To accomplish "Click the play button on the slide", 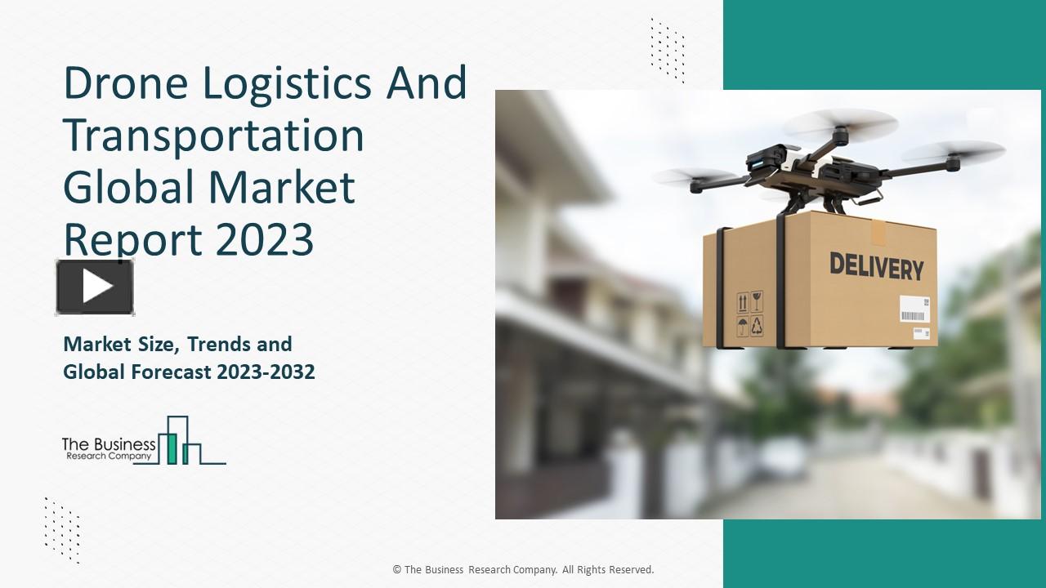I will pos(95,287).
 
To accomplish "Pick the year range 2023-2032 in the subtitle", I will pos(266,372).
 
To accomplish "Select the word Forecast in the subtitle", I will pos(172,372).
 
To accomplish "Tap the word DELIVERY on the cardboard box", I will pos(877,266).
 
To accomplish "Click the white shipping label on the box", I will pos(914,310).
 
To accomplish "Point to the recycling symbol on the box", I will pos(757,327).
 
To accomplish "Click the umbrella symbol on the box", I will pos(741,327).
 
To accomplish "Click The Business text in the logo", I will pos(109,444).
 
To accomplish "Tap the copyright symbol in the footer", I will pos(396,570).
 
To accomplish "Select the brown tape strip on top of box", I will pos(878,231).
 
